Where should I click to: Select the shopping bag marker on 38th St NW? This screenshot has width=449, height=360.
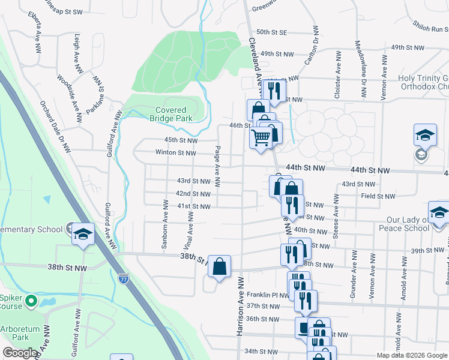pos(219,266)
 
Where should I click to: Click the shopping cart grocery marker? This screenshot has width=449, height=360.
pos(261,139)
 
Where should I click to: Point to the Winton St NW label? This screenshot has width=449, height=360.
pos(175,153)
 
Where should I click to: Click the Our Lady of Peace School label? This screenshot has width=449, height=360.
pos(400,224)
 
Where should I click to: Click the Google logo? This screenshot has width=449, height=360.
pos(20,353)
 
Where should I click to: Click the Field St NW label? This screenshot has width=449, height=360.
pos(378,196)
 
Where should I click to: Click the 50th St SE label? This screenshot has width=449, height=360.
pos(272,32)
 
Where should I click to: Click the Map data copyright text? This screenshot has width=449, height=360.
pos(411,355)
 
